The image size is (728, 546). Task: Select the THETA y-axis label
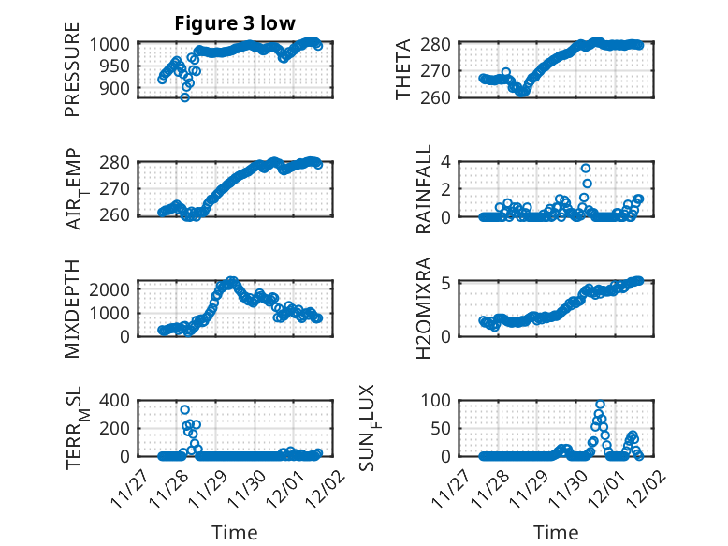(x=403, y=70)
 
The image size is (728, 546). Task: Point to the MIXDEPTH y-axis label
(x=72, y=308)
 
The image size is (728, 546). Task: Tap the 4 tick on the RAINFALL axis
(x=447, y=162)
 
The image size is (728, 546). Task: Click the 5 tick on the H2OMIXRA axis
(x=447, y=283)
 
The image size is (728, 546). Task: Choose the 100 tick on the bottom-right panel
(x=441, y=401)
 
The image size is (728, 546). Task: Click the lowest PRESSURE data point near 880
(x=184, y=97)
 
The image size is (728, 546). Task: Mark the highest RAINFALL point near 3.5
(x=586, y=169)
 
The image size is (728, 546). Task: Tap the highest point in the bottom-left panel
(x=185, y=410)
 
